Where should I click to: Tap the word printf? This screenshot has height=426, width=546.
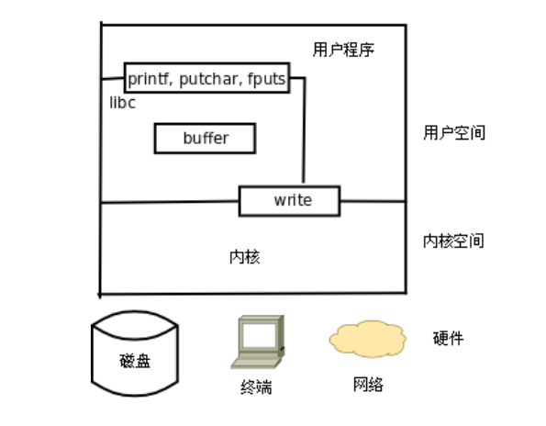[149, 79]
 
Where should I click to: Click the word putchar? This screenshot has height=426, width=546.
[208, 79]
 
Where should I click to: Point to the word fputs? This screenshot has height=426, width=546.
[266, 79]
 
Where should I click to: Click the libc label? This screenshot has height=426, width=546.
[123, 103]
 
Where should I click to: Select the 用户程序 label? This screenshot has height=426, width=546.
[343, 50]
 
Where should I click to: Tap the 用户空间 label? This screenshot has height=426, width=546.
[454, 133]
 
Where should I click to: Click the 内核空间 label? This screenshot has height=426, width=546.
[453, 241]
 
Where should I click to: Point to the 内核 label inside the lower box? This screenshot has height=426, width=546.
[245, 257]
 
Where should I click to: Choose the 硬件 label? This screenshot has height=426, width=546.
[448, 338]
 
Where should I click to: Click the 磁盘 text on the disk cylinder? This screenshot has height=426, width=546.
[135, 361]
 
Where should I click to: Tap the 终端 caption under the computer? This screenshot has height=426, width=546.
[256, 387]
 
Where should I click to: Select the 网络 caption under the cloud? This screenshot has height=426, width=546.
[368, 384]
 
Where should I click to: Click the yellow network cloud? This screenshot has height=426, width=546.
[368, 339]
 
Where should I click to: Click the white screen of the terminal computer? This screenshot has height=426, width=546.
[259, 335]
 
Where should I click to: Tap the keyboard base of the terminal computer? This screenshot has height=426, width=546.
[256, 364]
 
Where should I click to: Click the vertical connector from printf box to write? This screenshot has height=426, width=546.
[305, 129]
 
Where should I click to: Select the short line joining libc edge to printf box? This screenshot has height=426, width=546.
[113, 79]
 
